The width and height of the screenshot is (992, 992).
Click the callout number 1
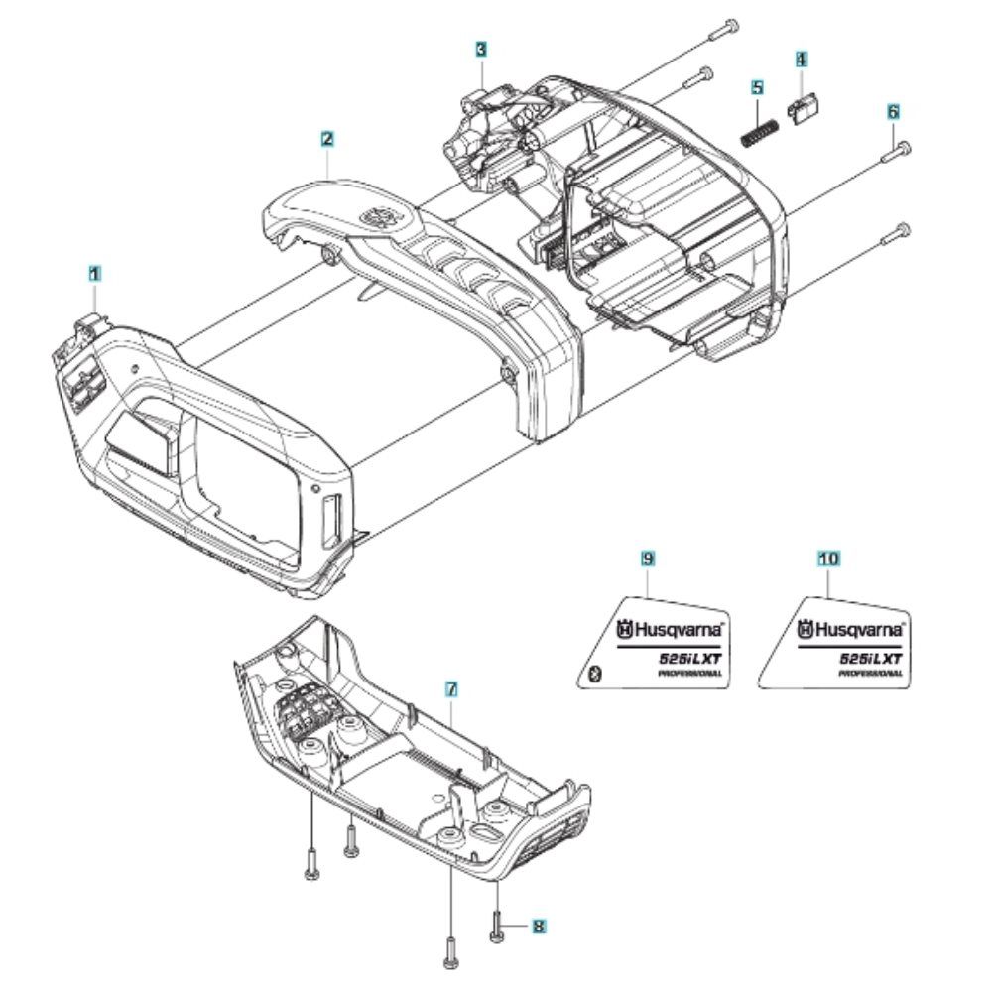pos(94,274)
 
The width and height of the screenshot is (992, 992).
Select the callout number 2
pos(327,139)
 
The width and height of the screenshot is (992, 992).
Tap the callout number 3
pos(481,49)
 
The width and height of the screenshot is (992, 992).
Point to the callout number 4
pos(802,60)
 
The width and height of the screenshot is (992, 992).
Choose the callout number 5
pos(757,87)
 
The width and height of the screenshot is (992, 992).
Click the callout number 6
pos(893,112)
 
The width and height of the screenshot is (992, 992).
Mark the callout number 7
pos(451,689)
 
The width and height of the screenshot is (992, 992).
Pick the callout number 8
pos(539,927)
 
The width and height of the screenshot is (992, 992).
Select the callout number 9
pos(648,558)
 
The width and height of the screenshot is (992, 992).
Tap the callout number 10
pos(828,558)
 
